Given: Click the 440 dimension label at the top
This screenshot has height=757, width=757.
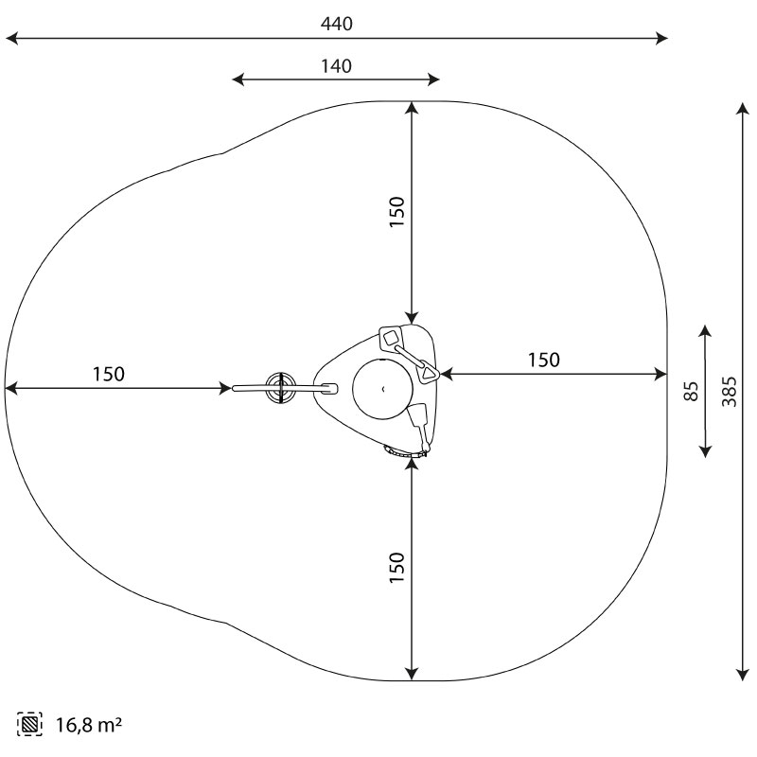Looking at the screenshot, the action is (337, 24).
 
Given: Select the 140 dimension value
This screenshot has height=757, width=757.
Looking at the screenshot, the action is (337, 66).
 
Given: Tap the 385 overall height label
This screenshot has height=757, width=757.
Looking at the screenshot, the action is (730, 392).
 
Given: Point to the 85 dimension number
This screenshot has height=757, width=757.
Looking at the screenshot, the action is (692, 391).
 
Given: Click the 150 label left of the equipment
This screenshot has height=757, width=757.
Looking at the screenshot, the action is (108, 374).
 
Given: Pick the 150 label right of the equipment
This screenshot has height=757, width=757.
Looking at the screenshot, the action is (543, 361).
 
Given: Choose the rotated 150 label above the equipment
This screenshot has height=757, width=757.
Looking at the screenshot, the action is (396, 212).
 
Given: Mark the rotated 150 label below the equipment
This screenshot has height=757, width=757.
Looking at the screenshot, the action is (396, 567).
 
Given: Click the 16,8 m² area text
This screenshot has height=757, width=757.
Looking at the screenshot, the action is (89, 725).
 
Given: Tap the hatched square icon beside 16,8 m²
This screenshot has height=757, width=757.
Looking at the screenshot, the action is (29, 724).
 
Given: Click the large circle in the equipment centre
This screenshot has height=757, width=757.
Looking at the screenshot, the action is (383, 388).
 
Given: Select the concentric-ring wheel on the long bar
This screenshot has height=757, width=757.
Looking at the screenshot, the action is (280, 388).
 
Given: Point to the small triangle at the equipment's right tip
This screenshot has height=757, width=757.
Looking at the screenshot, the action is (429, 372).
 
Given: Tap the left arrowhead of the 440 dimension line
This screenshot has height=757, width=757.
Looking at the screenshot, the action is (11, 38).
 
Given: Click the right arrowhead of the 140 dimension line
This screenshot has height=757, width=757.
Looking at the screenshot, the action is (433, 79).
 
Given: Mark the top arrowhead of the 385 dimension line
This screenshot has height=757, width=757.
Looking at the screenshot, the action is (743, 109).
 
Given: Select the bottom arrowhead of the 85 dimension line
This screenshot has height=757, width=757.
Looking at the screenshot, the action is (705, 451).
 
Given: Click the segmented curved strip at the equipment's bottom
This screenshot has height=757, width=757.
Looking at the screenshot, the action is (405, 453).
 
